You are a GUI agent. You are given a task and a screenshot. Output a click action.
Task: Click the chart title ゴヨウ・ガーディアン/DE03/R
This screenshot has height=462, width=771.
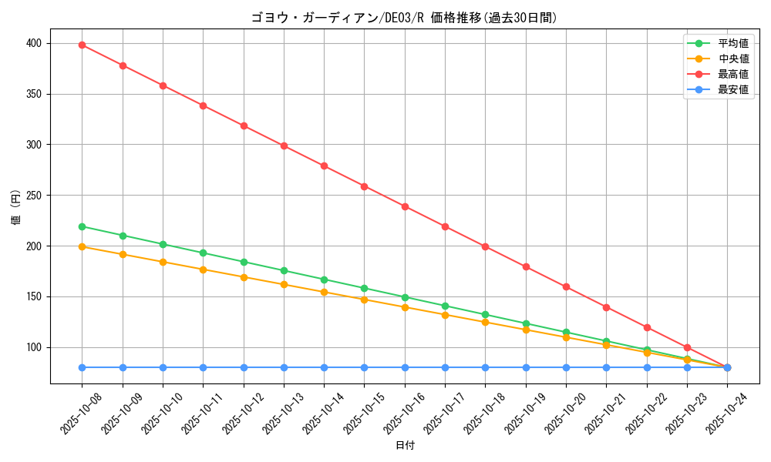pyautogui.click(x=404, y=18)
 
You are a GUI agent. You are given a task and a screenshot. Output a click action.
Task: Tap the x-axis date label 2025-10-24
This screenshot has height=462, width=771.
pyautogui.click(x=726, y=413)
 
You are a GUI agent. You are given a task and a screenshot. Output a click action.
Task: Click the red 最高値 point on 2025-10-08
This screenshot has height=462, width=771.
pyautogui.click(x=82, y=45)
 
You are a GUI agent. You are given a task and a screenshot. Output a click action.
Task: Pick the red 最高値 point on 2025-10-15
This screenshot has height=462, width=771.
pyautogui.click(x=364, y=186)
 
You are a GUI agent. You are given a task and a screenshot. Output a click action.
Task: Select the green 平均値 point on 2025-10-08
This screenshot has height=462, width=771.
pyautogui.click(x=82, y=226)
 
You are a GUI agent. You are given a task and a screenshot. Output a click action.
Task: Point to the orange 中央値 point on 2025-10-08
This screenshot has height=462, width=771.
pyautogui.click(x=82, y=246)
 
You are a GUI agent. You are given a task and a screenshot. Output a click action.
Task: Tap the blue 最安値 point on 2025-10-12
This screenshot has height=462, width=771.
pyautogui.click(x=244, y=367)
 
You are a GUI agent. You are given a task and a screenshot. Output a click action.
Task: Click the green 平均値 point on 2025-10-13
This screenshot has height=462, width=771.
pyautogui.click(x=284, y=270)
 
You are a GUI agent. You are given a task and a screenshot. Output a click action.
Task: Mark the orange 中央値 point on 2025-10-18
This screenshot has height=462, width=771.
pyautogui.click(x=485, y=322)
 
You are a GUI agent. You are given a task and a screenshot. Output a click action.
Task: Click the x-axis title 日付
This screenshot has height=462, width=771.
pyautogui.click(x=405, y=446)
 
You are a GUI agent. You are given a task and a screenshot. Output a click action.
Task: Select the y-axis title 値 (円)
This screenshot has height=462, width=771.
pyautogui.click(x=15, y=208)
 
